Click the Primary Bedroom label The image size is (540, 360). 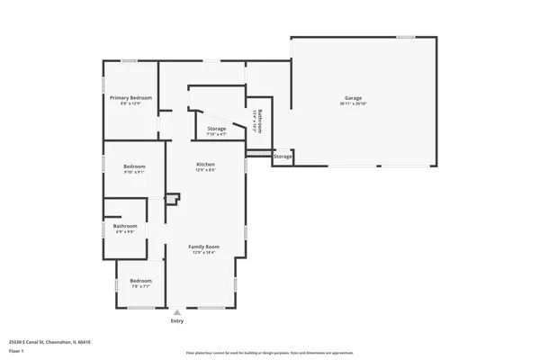pos(130,97)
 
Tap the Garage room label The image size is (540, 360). pos(353,97)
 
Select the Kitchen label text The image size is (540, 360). pos(206,165)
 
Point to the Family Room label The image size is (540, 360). pos(203,247)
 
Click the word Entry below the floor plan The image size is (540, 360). pos(177,321)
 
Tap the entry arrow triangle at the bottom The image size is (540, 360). pos(177,313)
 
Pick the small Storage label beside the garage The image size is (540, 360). pos(283,157)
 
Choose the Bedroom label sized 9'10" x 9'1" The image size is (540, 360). pos(134,166)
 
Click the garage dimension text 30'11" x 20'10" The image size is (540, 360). pos(353,103)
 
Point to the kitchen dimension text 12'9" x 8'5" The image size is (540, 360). pos(206,171)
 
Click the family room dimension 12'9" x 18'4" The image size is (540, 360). pos(203,253)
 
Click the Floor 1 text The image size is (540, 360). pos(16,350)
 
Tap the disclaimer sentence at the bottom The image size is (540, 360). pos(270,353)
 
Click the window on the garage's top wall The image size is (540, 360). pos(406,37)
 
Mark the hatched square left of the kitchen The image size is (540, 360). pos(166,198)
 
